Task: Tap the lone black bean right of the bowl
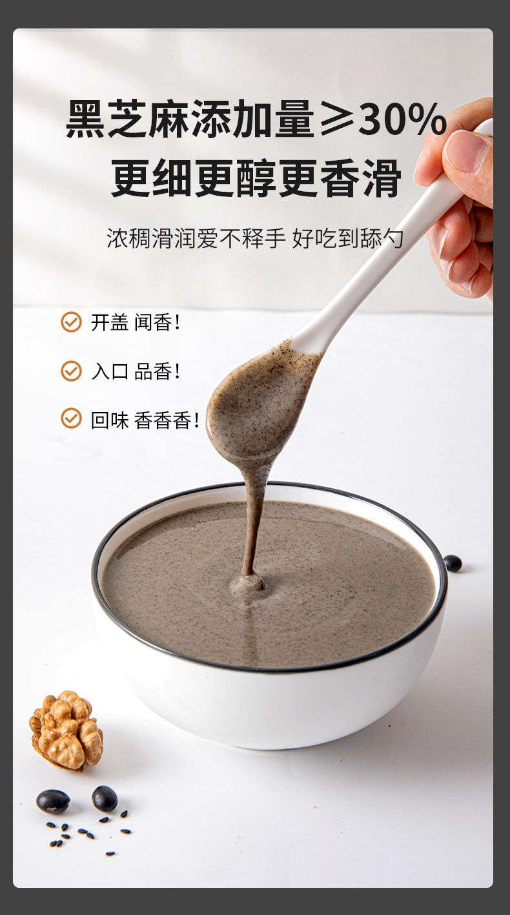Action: click(453, 563)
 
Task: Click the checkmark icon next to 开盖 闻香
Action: click(71, 322)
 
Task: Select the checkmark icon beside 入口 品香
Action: click(71, 371)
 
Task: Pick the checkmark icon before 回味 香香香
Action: click(71, 418)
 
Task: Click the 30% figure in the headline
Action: click(402, 119)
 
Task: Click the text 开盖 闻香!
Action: click(135, 322)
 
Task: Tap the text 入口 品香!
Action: click(135, 371)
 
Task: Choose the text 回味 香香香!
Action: click(145, 420)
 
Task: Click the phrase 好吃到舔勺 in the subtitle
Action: click(348, 238)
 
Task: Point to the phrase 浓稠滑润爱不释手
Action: click(196, 238)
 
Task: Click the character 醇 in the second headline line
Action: click(257, 178)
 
